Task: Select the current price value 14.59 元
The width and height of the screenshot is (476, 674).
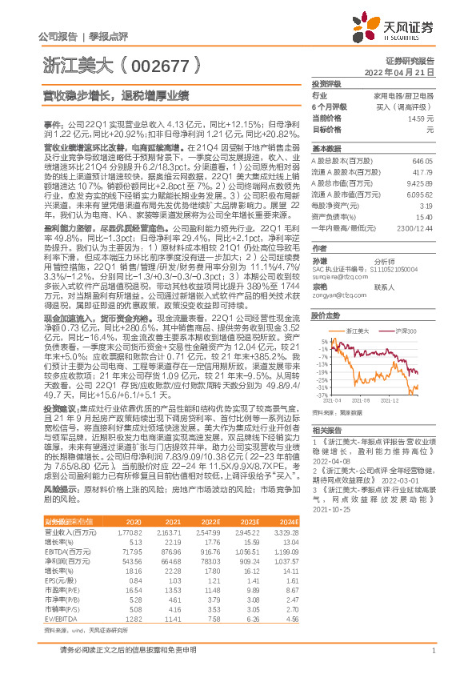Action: tap(421, 118)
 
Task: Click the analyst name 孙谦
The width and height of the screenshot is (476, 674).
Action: tap(321, 261)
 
